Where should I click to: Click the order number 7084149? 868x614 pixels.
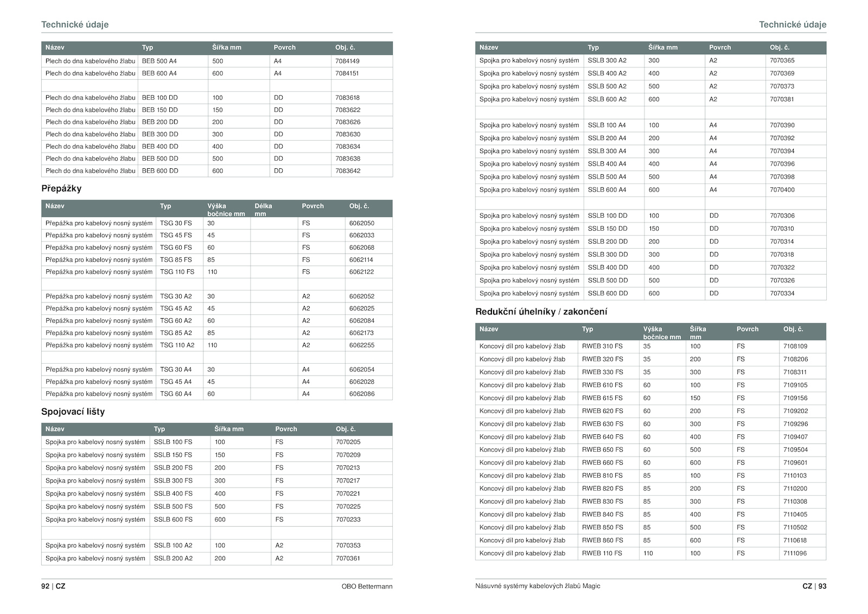pos(347,61)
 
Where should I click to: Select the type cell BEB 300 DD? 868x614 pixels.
pos(159,134)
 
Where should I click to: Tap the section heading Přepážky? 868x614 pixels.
pos(61,188)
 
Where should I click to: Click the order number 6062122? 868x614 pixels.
pos(361,272)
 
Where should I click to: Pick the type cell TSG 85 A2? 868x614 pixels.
pos(176,333)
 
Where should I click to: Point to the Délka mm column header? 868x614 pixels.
pos(263,209)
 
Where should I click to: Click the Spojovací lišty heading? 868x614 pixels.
pos(73,412)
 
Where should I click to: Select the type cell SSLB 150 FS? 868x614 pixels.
pos(173,455)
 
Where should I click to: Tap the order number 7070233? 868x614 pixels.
pos(348,520)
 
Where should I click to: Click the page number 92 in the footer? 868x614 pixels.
pos(45,586)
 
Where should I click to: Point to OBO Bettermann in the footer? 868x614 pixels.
pos(367,586)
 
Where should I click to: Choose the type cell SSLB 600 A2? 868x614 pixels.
pos(607,99)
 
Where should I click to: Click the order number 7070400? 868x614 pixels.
pos(782,190)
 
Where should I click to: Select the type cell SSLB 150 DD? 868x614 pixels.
pos(608,229)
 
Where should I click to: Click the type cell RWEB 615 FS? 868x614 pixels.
pos(602,398)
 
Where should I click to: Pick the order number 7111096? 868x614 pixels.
pos(795,553)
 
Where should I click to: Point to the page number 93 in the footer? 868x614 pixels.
pos(822,586)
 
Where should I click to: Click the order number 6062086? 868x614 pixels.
pos(361,394)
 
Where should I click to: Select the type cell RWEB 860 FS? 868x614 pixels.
pos(602,540)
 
